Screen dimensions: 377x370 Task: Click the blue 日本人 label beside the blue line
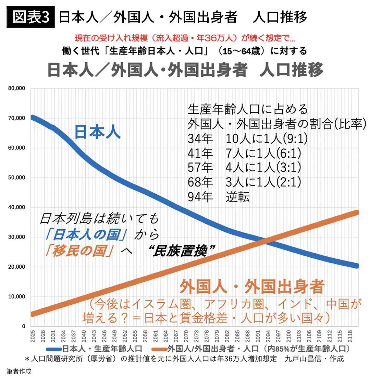[97, 132]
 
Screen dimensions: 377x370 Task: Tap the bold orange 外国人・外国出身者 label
[251, 287]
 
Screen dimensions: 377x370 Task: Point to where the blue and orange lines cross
[267, 241]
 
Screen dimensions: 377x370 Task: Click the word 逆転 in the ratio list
[237, 197]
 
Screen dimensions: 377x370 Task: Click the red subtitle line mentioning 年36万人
[185, 37]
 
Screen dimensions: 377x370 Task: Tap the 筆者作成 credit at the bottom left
[18, 371]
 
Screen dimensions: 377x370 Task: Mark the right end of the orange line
[356, 212]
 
